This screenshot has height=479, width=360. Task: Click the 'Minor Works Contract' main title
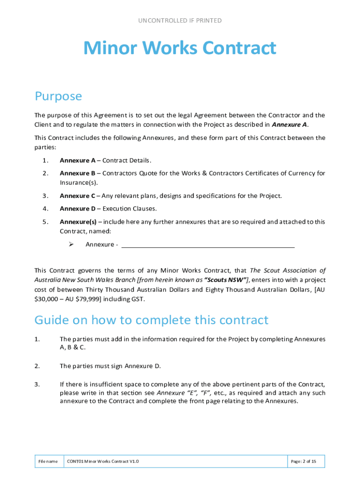coord(180,49)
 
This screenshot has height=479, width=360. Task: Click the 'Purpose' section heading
coord(58,96)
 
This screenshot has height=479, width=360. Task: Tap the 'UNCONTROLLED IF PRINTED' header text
coord(180,21)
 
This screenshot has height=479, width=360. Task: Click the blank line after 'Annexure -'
coord(208,245)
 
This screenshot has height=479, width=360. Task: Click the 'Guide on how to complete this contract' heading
coord(151,320)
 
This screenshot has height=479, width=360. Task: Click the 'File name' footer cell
coord(48,462)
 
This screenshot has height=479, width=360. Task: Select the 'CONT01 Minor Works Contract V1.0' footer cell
coord(103,462)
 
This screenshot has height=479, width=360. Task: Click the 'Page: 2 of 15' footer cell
coord(303,462)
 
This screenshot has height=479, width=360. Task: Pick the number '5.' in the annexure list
coord(45,222)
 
